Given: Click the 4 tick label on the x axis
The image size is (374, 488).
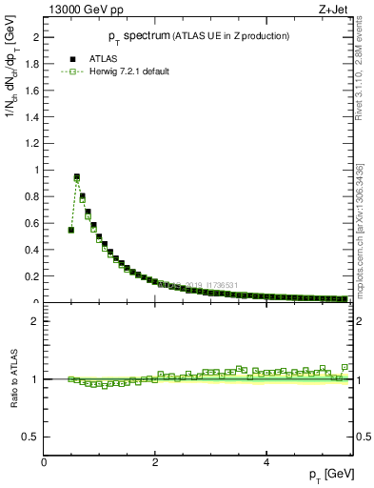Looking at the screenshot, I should coord(266,463).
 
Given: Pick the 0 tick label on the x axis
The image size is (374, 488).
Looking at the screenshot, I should coord(45,463).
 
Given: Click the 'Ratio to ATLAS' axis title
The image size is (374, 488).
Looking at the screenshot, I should coord(11,379).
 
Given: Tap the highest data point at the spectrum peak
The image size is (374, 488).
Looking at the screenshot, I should coord(77,177).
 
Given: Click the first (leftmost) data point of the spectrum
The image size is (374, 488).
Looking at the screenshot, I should coord(71,230).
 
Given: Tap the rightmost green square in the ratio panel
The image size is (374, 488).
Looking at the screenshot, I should coord(344,367).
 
